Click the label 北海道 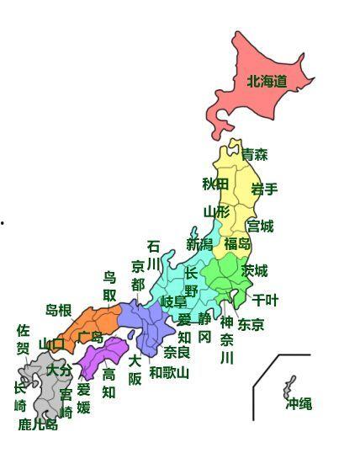pos(267,82)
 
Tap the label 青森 pos(254,155)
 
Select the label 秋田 pos(215,184)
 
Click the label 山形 pos(216,211)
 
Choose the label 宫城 pos(260,226)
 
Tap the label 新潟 pos(200,244)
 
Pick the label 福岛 pos(237,244)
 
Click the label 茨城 pos(255,270)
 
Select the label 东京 pos(251,324)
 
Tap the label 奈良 pos(177,352)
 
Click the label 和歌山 pos(169,372)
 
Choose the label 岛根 pos(59,311)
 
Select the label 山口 pos(51,344)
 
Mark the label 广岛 pos(90,337)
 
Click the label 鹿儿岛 pos(38,424)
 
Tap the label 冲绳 pos(299,403)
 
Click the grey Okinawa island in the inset pos(289,387)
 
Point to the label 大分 pos(59,370)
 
